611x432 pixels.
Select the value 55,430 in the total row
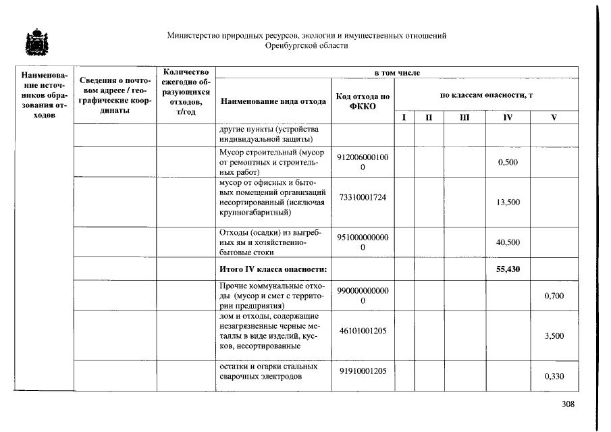click(x=508, y=269)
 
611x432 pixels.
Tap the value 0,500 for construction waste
click(x=508, y=163)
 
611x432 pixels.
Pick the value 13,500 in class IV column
click(x=508, y=202)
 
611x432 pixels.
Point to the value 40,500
click(x=508, y=242)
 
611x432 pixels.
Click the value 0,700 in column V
click(x=554, y=296)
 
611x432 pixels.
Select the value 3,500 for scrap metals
click(x=554, y=335)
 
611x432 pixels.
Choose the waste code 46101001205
click(x=363, y=331)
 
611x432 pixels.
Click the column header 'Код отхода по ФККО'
click(x=363, y=101)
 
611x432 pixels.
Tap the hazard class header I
click(x=404, y=117)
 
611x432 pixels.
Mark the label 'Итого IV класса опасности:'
click(x=273, y=269)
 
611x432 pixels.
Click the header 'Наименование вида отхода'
click(x=273, y=101)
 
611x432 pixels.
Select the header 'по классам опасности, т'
click(x=486, y=95)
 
